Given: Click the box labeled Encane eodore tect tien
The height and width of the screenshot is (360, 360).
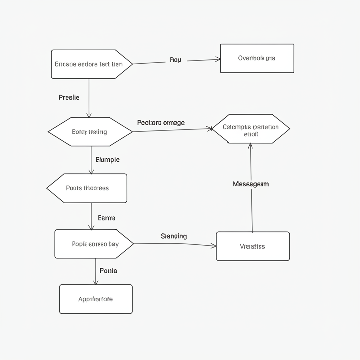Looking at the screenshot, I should (89, 64).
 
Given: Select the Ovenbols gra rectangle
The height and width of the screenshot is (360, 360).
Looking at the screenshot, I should (257, 58).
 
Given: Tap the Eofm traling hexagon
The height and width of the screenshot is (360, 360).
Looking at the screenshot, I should (90, 132).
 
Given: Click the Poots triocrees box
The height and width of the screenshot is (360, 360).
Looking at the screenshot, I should (88, 188).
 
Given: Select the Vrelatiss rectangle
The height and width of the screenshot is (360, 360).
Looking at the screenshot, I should (253, 246).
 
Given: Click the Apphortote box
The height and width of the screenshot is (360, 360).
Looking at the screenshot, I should (96, 299).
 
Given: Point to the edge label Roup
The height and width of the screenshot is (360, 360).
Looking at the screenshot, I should (175, 60).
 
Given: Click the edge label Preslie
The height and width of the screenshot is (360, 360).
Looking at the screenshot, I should (69, 97).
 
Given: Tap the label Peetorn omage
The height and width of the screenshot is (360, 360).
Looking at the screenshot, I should (161, 123).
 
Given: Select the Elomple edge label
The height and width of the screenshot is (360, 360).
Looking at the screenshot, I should (108, 160).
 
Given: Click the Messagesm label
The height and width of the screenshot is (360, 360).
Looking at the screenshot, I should (251, 184).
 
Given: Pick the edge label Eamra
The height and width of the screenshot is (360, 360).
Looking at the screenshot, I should (107, 218).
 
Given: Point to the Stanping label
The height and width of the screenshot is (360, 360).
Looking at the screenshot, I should (174, 236).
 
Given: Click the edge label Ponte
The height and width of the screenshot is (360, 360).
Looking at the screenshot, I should (108, 271).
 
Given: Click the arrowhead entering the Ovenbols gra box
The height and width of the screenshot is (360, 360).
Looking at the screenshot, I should (218, 60).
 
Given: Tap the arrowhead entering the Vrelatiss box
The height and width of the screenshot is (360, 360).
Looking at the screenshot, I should (214, 246).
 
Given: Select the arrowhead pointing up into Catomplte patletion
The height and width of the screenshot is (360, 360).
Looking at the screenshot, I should (250, 146).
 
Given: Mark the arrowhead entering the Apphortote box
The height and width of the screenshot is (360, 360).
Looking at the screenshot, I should (96, 282).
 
